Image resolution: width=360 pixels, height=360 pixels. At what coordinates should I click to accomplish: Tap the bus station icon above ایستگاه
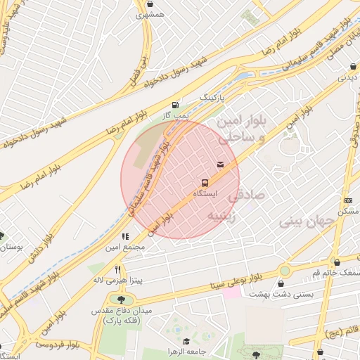pos(205,180)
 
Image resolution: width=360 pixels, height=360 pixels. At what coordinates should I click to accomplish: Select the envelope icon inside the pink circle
pos(221,165)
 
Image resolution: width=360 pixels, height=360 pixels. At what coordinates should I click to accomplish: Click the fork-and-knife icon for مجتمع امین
pos(125,237)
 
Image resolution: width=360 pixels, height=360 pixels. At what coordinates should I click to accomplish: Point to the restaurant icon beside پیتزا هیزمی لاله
pos(118,269)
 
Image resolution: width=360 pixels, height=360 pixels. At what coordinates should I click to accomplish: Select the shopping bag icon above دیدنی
pos(352,67)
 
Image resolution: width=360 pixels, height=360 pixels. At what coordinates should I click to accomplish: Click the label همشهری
pos(151,14)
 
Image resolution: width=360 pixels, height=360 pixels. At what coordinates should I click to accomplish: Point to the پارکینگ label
pos(214,96)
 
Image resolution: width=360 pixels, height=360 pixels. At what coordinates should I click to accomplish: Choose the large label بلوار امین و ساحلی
pos(240,131)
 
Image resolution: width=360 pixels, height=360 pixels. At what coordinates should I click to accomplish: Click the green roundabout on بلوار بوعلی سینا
pos(284,271)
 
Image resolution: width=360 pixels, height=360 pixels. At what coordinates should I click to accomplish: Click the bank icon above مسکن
pos(349,201)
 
